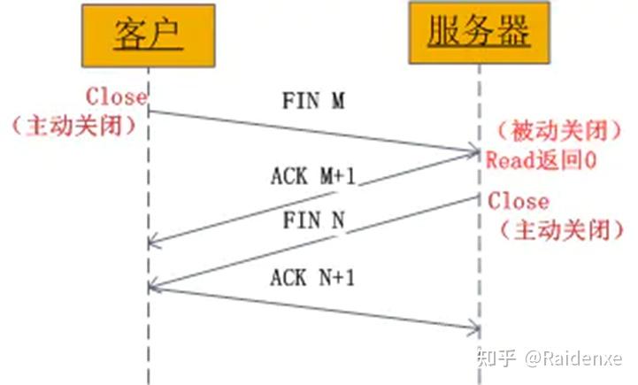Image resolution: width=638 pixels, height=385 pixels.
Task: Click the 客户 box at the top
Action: click(x=149, y=35)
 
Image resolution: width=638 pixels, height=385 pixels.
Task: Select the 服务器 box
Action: click(x=480, y=33)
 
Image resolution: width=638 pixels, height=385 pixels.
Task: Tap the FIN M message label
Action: click(x=313, y=100)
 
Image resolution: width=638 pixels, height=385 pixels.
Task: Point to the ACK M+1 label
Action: click(x=313, y=176)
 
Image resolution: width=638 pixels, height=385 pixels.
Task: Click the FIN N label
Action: click(x=314, y=220)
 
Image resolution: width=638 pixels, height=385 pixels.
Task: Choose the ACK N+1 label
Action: click(x=312, y=278)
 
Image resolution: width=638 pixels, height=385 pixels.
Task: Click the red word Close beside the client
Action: click(x=116, y=96)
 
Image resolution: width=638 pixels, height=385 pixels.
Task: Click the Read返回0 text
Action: click(x=542, y=159)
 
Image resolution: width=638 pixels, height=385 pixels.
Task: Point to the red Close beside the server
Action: click(x=519, y=201)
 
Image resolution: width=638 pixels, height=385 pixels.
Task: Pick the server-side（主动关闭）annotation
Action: click(x=562, y=230)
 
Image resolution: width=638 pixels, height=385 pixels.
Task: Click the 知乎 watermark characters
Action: click(x=496, y=358)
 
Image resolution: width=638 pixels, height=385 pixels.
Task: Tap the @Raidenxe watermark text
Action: click(x=573, y=358)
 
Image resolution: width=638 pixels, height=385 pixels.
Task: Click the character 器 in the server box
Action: click(x=514, y=30)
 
